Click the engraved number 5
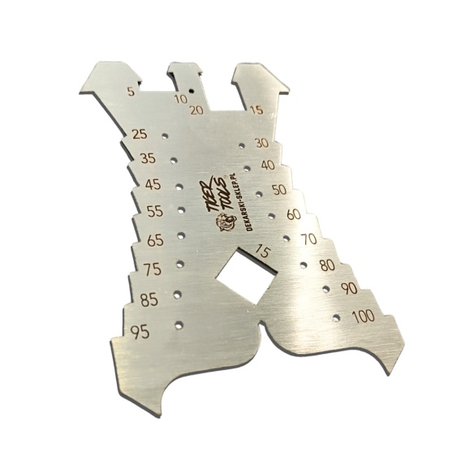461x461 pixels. [131, 92]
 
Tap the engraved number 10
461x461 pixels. [181, 99]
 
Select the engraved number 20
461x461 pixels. [196, 110]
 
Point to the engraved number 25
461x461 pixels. [140, 135]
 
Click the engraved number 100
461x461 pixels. [364, 317]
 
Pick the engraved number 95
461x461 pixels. [140, 333]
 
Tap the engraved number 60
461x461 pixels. [294, 214]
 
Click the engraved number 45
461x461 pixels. [153, 184]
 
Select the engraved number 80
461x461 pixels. [327, 265]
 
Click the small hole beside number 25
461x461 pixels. [165, 136]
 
